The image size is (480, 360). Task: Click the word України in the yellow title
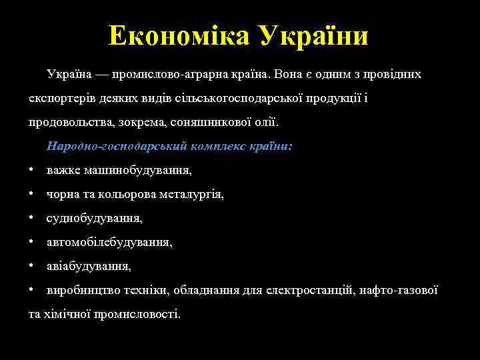(313, 35)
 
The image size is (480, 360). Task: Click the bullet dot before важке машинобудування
(32, 171)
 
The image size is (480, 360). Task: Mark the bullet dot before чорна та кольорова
(32, 195)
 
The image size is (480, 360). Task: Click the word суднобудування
(95, 219)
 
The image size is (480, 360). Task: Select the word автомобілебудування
(109, 243)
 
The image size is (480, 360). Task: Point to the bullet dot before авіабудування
(32, 267)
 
